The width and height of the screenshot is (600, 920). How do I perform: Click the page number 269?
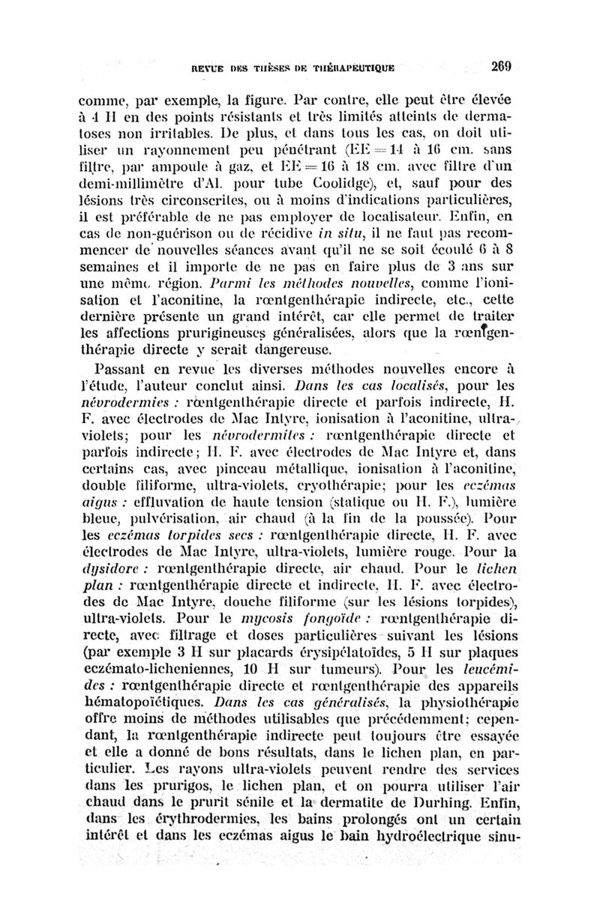point(497,65)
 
